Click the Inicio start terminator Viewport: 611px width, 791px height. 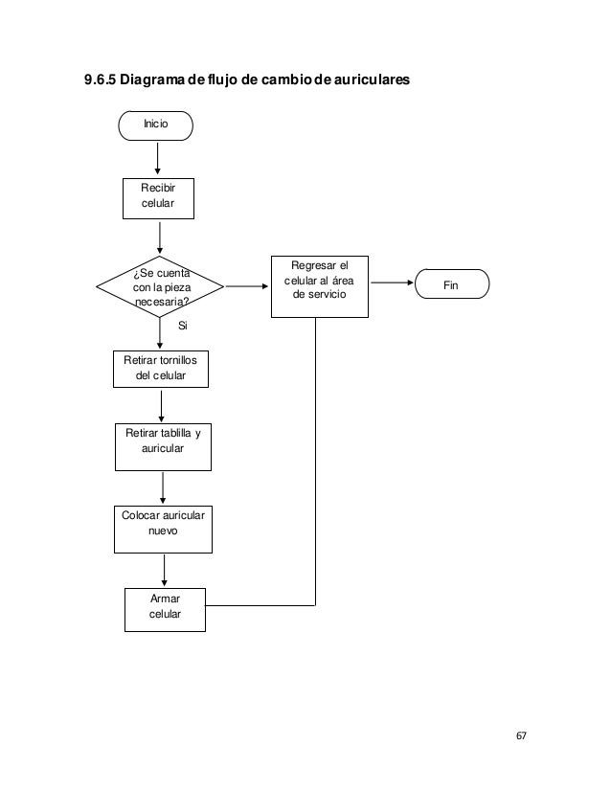coord(155,125)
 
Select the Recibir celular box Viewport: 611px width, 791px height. coord(158,199)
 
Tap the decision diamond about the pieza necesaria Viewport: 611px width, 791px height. coord(160,286)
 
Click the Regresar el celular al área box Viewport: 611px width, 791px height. coord(320,286)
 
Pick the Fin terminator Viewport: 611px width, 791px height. coord(452,284)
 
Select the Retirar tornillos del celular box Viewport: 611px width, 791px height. coord(161,370)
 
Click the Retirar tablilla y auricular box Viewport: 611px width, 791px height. coord(163,447)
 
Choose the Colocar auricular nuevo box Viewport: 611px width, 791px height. coord(163,530)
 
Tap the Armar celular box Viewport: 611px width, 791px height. coord(165,610)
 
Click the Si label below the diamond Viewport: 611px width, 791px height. coord(183,326)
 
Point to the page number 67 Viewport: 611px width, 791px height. coord(521,735)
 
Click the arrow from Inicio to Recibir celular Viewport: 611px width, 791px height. coord(157,158)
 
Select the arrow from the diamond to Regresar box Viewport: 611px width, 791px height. coord(247,286)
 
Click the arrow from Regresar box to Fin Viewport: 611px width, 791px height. coord(392,282)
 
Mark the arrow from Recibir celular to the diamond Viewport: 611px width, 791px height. coord(160,238)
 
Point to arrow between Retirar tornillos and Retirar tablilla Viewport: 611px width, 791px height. coord(162,407)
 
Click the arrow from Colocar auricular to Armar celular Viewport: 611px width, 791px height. coord(164,571)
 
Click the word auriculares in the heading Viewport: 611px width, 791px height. coord(372,79)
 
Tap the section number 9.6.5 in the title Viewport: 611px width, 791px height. coord(101,79)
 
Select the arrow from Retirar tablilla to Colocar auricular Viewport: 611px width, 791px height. coord(163,488)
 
